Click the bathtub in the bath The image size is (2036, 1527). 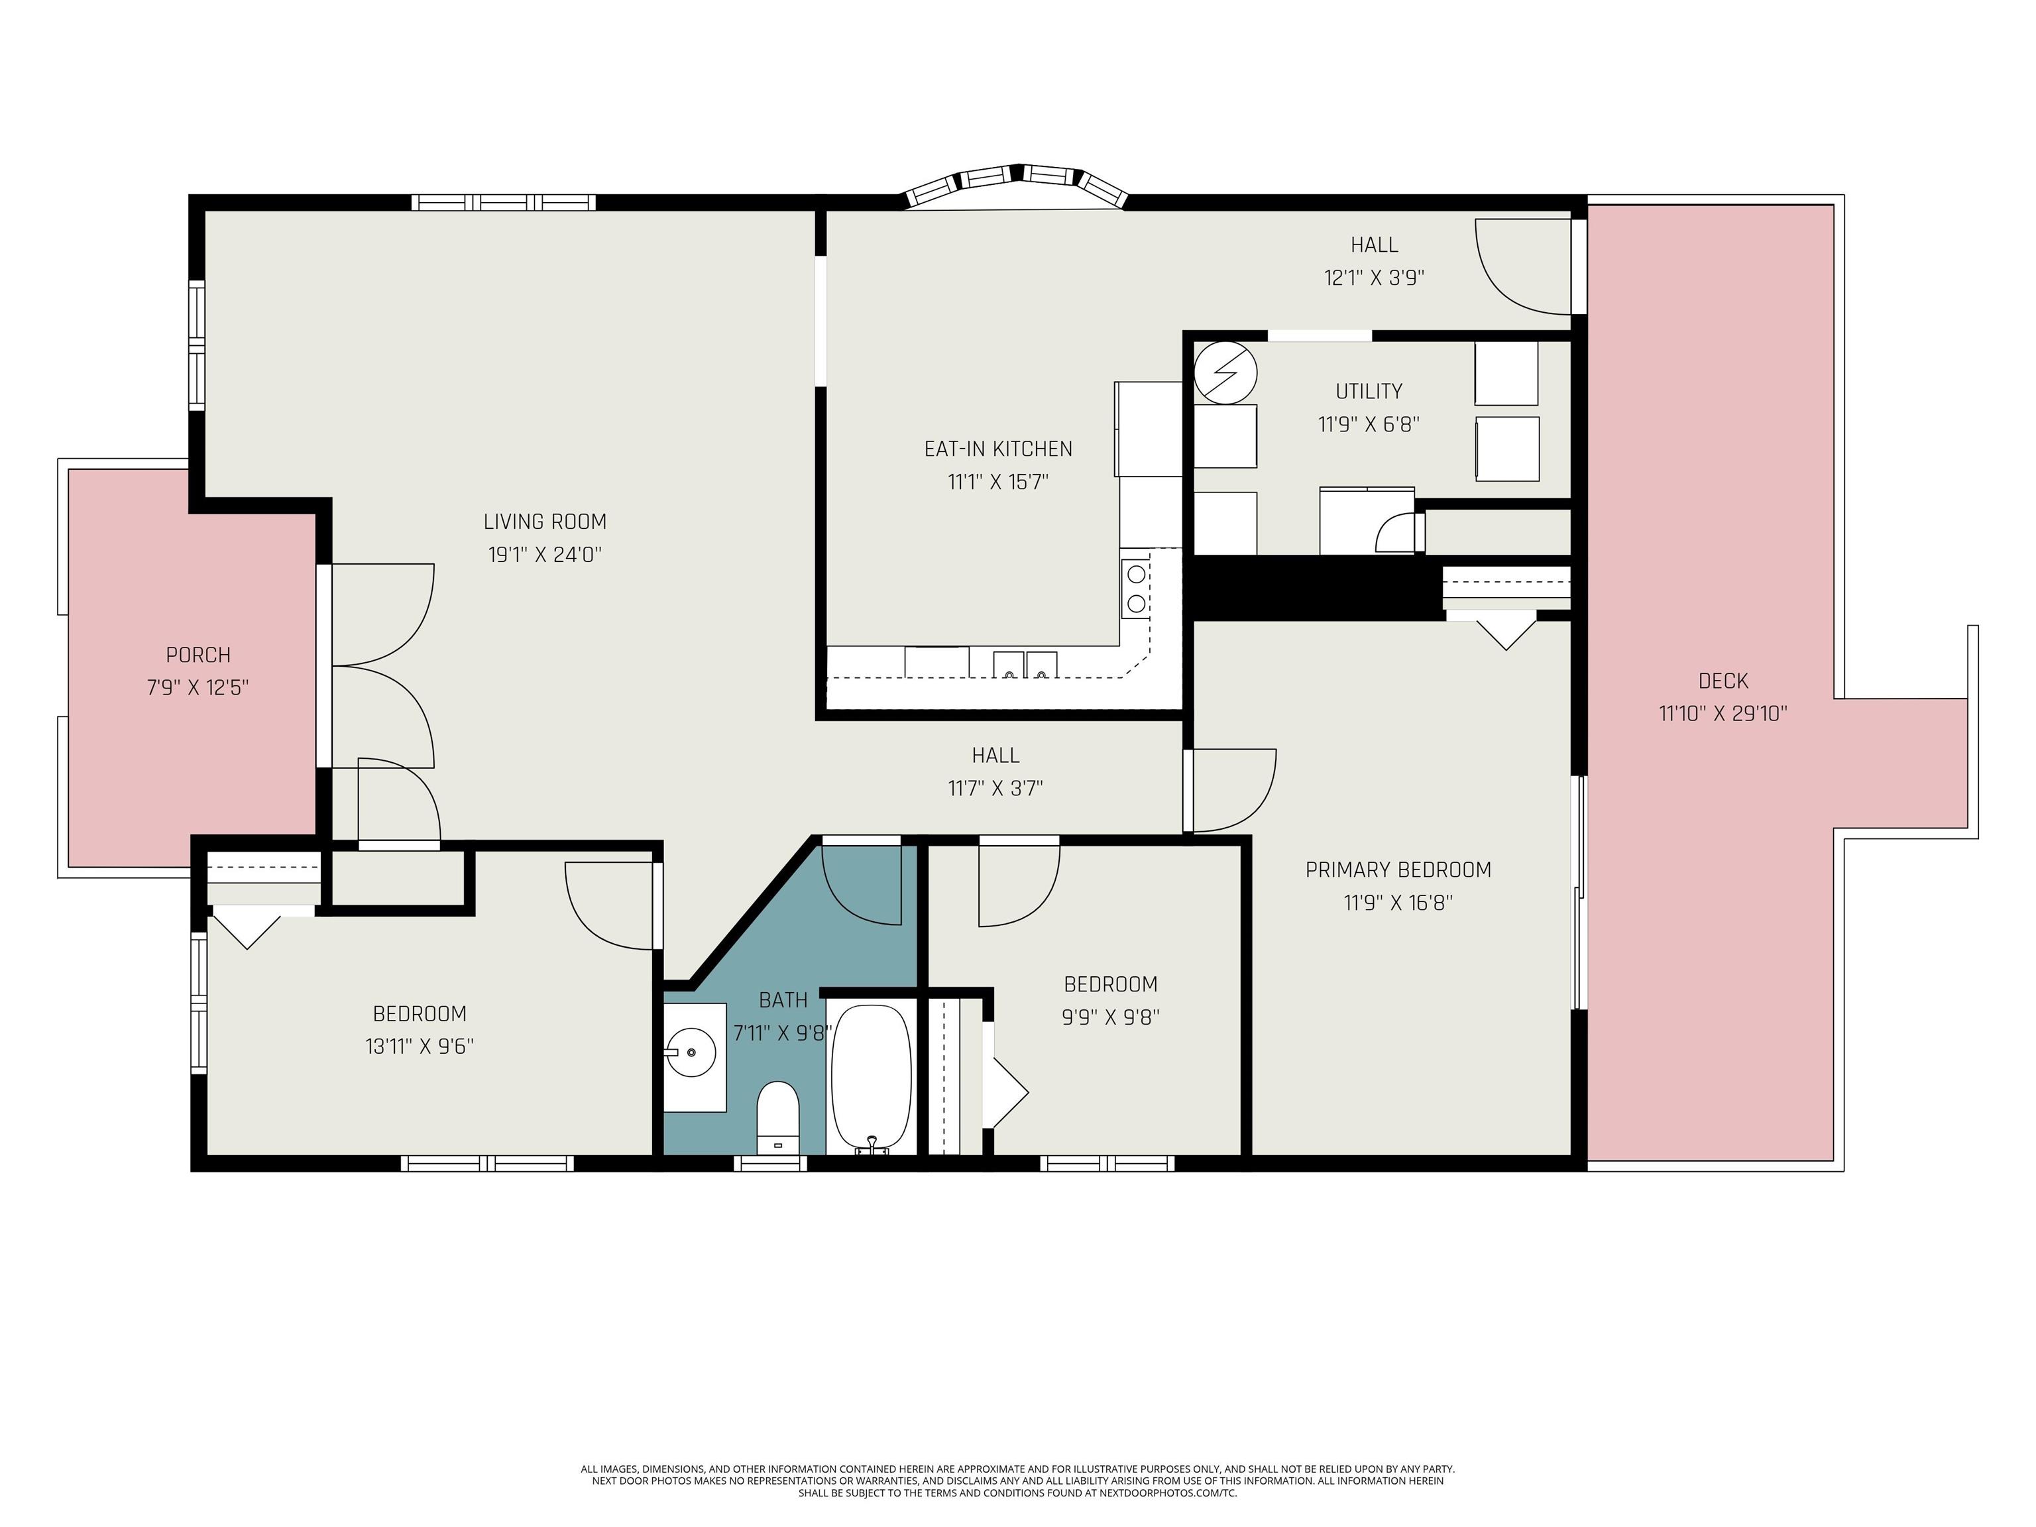pyautogui.click(x=871, y=1078)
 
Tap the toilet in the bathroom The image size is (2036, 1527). pyautogui.click(x=778, y=1117)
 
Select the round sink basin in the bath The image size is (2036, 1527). pyautogui.click(x=691, y=1051)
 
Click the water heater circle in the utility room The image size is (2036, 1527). pyautogui.click(x=1225, y=372)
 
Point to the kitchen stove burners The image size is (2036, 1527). pyautogui.click(x=1137, y=589)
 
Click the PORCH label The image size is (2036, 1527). pyautogui.click(x=198, y=655)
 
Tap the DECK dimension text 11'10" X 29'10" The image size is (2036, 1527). pyautogui.click(x=1723, y=713)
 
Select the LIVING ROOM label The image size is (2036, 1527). pyautogui.click(x=545, y=522)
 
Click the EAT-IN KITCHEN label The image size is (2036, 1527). pyautogui.click(x=999, y=449)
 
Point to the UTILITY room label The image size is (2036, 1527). pyautogui.click(x=1369, y=391)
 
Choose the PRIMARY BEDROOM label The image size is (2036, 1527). pyautogui.click(x=1398, y=870)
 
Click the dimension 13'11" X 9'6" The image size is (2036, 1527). pyautogui.click(x=419, y=1046)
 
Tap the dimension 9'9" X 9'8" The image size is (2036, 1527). pyautogui.click(x=1110, y=1017)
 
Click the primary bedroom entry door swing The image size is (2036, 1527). pyautogui.click(x=1233, y=790)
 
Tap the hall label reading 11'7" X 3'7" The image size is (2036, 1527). pyautogui.click(x=996, y=789)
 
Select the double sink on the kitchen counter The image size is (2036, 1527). pyautogui.click(x=1025, y=663)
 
